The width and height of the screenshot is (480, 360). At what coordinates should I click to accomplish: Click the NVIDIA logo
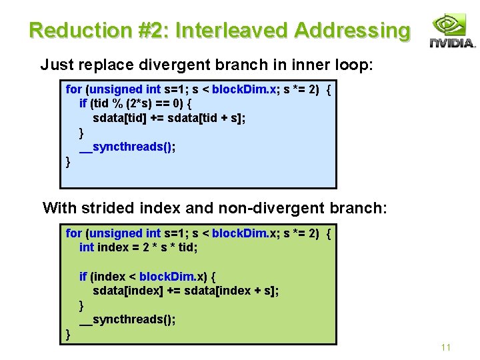click(451, 31)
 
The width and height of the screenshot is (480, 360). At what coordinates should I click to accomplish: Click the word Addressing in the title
click(352, 30)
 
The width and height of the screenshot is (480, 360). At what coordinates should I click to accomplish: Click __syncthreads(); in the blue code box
click(127, 147)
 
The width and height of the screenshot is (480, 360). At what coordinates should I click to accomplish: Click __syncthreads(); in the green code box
click(127, 319)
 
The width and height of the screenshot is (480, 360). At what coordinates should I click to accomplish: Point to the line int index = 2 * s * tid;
click(139, 247)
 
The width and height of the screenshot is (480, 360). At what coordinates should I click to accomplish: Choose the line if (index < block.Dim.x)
click(152, 276)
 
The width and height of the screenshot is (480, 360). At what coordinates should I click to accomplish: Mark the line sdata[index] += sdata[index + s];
click(185, 291)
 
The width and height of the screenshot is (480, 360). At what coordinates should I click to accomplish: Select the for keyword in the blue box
click(73, 89)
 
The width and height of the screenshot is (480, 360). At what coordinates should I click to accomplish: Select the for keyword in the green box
click(73, 233)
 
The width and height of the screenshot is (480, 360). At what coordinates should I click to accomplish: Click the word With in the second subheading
click(59, 207)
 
